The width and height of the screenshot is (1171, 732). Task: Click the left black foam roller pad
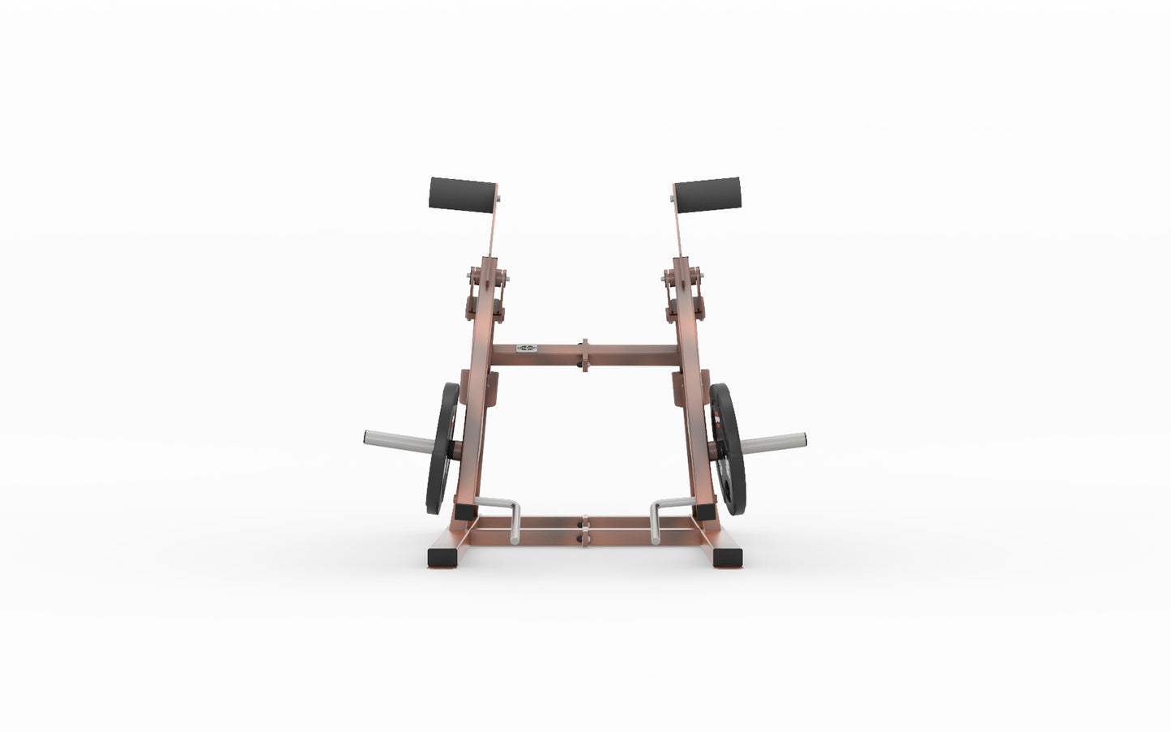coord(462,195)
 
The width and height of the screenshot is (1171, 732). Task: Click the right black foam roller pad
coord(707,195)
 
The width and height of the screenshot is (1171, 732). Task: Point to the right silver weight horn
coord(773,442)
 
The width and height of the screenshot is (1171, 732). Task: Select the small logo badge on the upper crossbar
coord(527,348)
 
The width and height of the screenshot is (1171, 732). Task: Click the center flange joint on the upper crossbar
coord(583,355)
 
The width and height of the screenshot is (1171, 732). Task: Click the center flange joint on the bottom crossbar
coord(583,531)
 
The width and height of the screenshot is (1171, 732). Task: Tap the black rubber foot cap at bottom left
coord(442,558)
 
